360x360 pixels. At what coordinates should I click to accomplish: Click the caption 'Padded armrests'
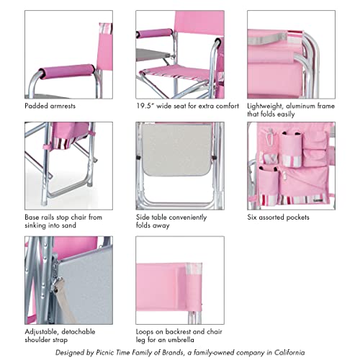tap(50, 105)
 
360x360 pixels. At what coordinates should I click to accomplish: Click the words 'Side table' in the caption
tap(151, 217)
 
